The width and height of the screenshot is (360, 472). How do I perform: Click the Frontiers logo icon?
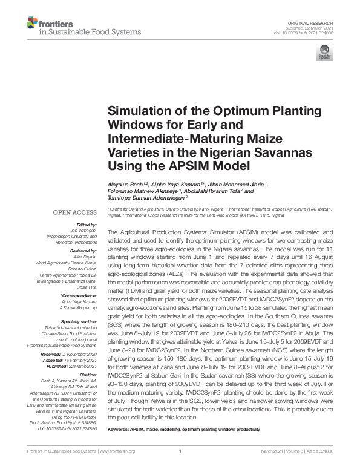[x=31, y=24]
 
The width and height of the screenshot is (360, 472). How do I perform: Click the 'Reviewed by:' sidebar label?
[x=83, y=249]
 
